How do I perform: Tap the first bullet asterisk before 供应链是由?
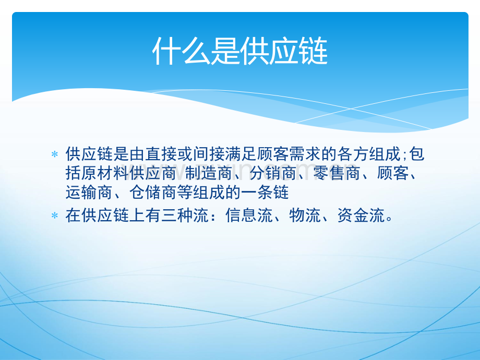point(55,155)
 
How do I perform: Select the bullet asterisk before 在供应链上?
point(55,215)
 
